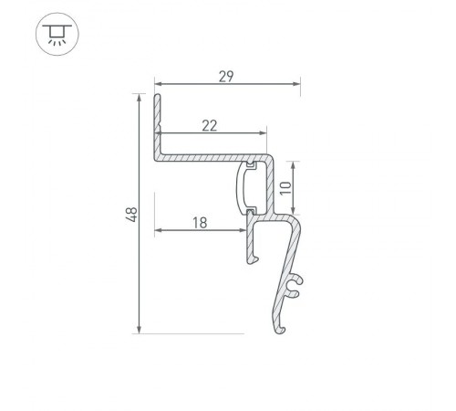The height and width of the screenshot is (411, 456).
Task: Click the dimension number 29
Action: [227, 76]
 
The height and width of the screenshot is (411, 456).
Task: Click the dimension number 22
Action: [209, 125]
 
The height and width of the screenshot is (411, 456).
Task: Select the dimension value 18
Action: [199, 221]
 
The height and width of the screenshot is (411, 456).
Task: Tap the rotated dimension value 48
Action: [131, 215]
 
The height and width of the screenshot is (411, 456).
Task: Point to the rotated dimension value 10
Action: [285, 189]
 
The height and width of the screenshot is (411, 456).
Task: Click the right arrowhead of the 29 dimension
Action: [296, 85]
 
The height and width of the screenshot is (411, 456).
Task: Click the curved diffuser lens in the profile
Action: [244, 188]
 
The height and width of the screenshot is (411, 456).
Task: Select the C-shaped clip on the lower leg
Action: [293, 287]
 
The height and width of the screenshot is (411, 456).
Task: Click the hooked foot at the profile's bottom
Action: [279, 326]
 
